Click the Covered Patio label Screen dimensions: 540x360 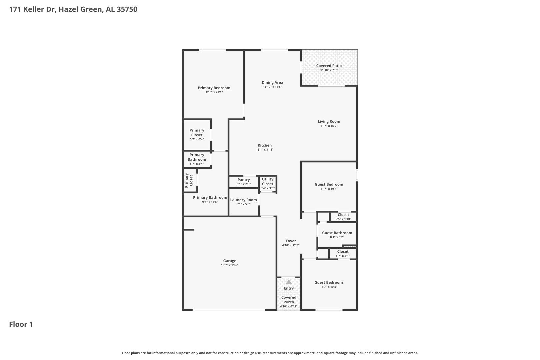pyautogui.click(x=329, y=66)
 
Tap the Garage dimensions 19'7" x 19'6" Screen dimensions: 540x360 pyautogui.click(x=229, y=265)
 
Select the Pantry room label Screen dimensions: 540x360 pyautogui.click(x=243, y=180)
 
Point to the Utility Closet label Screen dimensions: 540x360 pyautogui.click(x=268, y=181)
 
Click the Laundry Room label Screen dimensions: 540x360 pyautogui.click(x=243, y=200)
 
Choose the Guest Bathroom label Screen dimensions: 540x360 pyautogui.click(x=337, y=233)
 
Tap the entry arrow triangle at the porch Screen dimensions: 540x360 pyautogui.click(x=289, y=282)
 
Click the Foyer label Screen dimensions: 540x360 pyautogui.click(x=291, y=241)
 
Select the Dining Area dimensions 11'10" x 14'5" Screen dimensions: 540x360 pyautogui.click(x=272, y=87)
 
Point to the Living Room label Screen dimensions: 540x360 pyautogui.click(x=329, y=121)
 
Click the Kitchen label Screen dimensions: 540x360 pyautogui.click(x=265, y=145)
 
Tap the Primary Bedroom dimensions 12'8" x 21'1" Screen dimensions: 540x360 pyautogui.click(x=214, y=92)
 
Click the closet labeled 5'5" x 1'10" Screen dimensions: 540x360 pyautogui.click(x=343, y=215)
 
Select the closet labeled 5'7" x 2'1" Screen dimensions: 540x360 pyautogui.click(x=343, y=251)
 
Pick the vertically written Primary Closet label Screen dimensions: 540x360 pyautogui.click(x=189, y=180)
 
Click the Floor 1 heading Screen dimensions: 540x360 pyautogui.click(x=21, y=324)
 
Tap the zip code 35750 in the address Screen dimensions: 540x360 pyautogui.click(x=127, y=9)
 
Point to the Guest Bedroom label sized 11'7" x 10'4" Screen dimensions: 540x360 pyautogui.click(x=329, y=184)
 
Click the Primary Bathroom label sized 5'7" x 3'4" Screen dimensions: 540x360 pyautogui.click(x=197, y=157)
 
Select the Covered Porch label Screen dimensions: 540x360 pyautogui.click(x=289, y=300)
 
